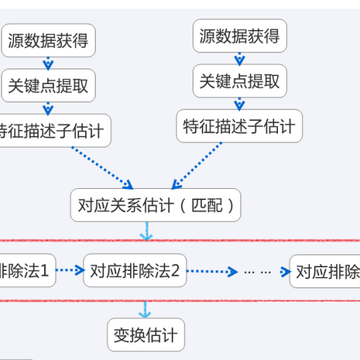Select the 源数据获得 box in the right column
(239, 36)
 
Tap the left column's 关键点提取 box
(47, 87)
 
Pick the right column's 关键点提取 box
(239, 81)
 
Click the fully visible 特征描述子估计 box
(239, 126)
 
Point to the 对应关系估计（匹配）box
(156, 205)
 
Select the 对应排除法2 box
(135, 271)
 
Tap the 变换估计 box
(146, 336)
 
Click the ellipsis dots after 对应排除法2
(256, 272)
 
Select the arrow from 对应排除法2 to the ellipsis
(212, 272)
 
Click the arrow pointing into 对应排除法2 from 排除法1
(70, 271)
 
